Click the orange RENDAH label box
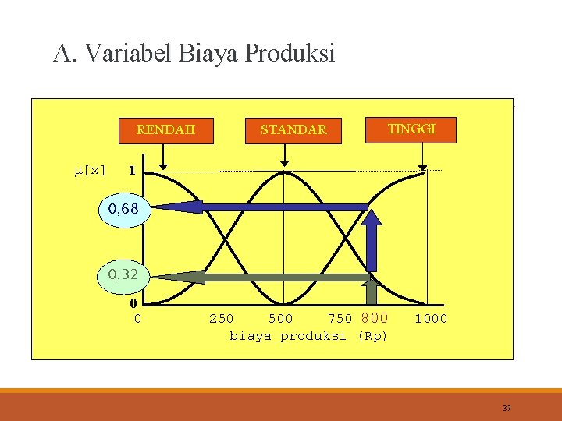(165, 129)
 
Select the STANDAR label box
(293, 129)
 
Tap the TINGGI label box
(411, 129)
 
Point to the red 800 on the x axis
(375, 318)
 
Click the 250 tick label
(221, 319)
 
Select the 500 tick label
(281, 319)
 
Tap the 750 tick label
(340, 319)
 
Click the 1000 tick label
(431, 319)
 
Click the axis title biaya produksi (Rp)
(308, 336)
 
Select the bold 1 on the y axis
(133, 170)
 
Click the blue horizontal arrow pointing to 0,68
(258, 207)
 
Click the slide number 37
(507, 408)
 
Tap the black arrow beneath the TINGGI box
(422, 158)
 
